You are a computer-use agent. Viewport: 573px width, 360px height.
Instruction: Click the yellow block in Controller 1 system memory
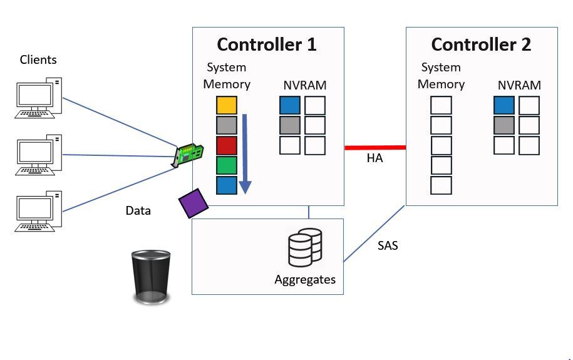227,105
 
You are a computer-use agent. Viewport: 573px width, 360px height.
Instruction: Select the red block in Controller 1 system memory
227,145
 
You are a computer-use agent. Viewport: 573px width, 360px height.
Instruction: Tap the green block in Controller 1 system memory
227,165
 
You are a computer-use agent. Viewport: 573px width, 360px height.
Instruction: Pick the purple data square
194,203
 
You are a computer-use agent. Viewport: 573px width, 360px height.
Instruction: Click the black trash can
151,277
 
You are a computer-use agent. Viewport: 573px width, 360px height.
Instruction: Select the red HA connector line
374,148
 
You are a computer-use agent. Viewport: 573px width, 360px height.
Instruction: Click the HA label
374,159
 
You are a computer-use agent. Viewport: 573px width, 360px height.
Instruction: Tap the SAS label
388,245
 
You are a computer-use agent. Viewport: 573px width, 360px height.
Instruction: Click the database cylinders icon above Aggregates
305,245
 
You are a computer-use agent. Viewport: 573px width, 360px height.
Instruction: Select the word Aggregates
305,279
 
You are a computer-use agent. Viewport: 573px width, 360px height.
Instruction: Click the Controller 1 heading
267,44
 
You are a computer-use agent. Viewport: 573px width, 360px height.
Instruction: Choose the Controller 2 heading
481,44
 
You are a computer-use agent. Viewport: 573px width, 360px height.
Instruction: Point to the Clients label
38,59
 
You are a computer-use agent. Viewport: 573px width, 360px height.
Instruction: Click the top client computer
39,96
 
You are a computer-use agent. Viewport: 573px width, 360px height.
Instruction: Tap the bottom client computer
39,213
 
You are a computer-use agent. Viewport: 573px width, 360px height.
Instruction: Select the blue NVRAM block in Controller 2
504,105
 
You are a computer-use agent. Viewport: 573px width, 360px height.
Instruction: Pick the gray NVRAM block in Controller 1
290,125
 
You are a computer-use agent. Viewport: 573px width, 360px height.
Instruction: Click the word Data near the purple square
138,210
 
